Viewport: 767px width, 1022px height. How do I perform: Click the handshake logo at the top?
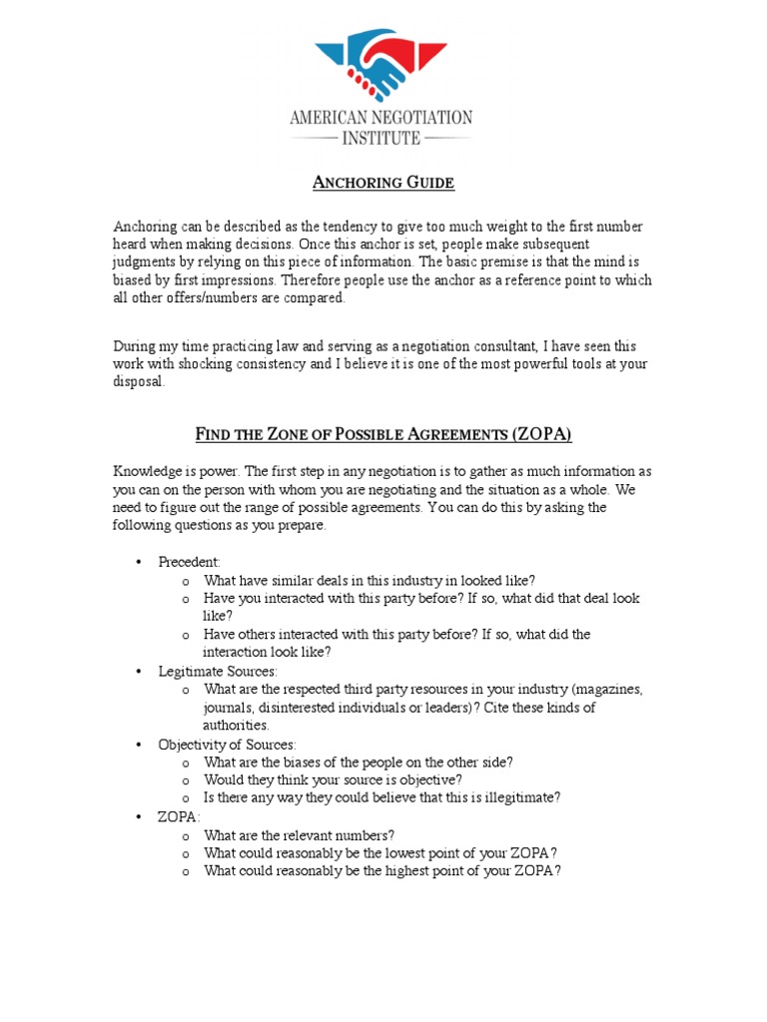(382, 64)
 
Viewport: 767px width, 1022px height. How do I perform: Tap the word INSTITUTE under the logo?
(382, 138)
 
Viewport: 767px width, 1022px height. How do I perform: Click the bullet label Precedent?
(189, 562)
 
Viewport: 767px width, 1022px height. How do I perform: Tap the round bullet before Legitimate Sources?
(138, 672)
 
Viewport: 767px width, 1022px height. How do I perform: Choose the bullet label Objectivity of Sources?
(227, 745)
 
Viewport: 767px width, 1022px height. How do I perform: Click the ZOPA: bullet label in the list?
(179, 816)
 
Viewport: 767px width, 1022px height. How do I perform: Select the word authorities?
(236, 726)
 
